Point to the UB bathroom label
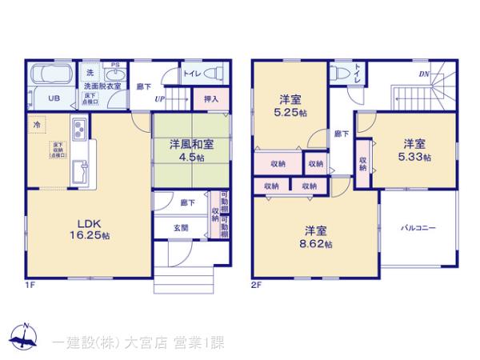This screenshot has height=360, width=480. pyautogui.click(x=53, y=99)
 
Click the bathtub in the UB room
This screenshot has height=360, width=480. pyautogui.click(x=53, y=78)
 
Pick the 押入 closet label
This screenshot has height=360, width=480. pyautogui.click(x=210, y=99)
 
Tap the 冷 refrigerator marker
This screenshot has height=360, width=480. pyautogui.click(x=36, y=126)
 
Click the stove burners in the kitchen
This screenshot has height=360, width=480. pyautogui.click(x=82, y=128)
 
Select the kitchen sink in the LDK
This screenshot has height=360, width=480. pyautogui.click(x=82, y=170)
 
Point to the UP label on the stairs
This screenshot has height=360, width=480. pyautogui.click(x=159, y=99)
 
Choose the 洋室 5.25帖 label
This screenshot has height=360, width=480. pyautogui.click(x=289, y=105)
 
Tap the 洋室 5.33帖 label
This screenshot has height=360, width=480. pyautogui.click(x=414, y=150)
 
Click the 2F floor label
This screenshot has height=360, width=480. pyautogui.click(x=257, y=284)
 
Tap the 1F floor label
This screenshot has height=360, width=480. pyautogui.click(x=29, y=284)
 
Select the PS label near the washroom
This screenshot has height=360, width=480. pyautogui.click(x=115, y=66)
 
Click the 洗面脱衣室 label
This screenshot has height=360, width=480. pyautogui.click(x=102, y=86)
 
